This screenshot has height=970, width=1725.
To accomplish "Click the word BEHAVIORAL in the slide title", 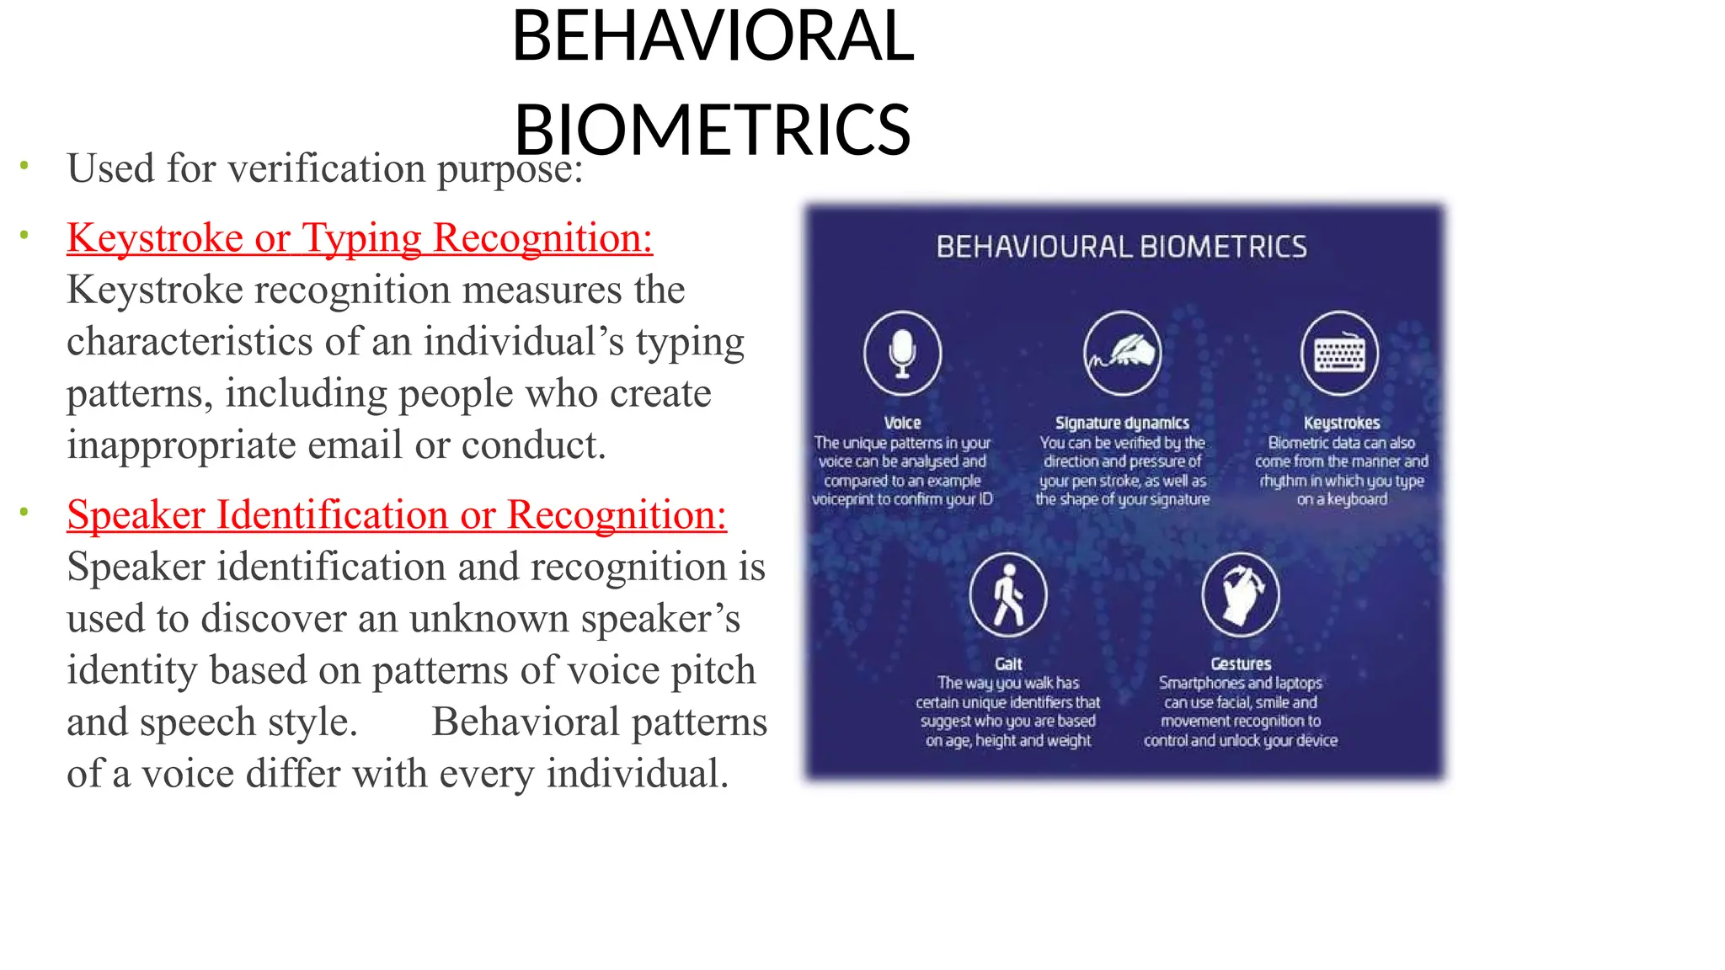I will click(713, 36).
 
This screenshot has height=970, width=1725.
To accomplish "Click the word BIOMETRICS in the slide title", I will click(713, 131).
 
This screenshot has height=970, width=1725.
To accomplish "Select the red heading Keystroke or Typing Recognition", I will click(360, 238).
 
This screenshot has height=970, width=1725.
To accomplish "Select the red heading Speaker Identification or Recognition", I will click(397, 515).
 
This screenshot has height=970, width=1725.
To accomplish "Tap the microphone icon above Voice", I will click(902, 353).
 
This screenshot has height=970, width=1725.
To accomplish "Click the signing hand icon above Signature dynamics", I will click(1122, 353).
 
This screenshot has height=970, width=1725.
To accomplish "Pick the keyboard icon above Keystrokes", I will click(1339, 353).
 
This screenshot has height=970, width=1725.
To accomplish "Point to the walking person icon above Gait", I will click(1007, 594).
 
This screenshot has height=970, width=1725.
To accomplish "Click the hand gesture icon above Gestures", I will click(1240, 594).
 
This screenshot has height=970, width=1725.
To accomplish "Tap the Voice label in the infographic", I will click(902, 423).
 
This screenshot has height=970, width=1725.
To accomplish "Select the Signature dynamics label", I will click(1122, 423).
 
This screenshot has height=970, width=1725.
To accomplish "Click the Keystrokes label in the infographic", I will click(1341, 423).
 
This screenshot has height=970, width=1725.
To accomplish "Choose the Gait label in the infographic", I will click(1007, 664).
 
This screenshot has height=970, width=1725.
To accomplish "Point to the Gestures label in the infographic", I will click(1240, 664).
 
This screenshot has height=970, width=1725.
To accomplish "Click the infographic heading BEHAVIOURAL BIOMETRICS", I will click(1121, 247).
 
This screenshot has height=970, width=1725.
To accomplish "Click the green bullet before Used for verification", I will click(24, 165).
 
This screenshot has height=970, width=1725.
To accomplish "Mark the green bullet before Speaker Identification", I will click(24, 511).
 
